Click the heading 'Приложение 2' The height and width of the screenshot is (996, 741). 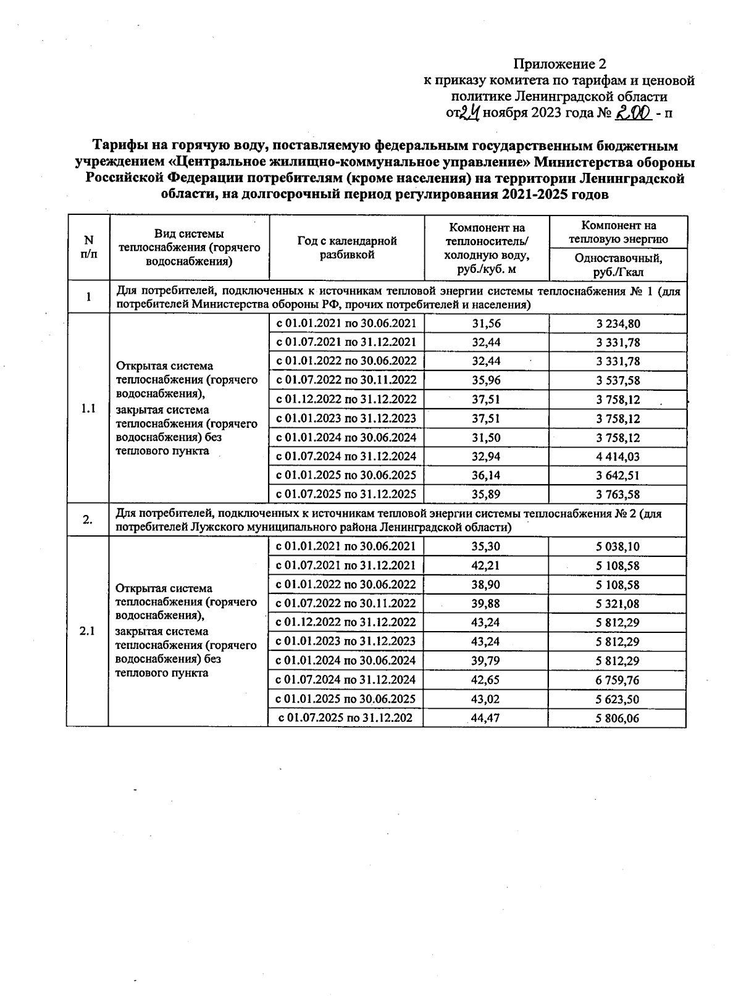click(560, 64)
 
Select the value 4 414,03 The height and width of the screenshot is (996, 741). click(617, 457)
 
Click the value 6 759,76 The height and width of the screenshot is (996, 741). click(617, 680)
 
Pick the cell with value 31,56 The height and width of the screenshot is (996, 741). click(486, 323)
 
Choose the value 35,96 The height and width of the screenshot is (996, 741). click(486, 380)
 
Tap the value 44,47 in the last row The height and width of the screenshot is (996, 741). click(485, 718)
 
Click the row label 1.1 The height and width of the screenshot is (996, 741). click(88, 408)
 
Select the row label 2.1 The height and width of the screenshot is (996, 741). click(88, 631)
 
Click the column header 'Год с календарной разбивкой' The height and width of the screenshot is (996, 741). click(347, 248)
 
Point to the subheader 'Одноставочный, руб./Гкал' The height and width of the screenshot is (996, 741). click(617, 264)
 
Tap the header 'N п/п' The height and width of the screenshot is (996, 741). click(88, 247)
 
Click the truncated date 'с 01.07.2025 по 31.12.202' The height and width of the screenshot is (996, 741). click(345, 718)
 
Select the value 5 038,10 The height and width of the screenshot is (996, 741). click(617, 546)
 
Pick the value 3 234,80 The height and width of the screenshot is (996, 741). click(617, 323)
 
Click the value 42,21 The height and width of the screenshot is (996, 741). click(486, 565)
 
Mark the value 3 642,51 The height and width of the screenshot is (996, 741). click(617, 475)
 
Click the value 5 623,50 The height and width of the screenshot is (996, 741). click(617, 699)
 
